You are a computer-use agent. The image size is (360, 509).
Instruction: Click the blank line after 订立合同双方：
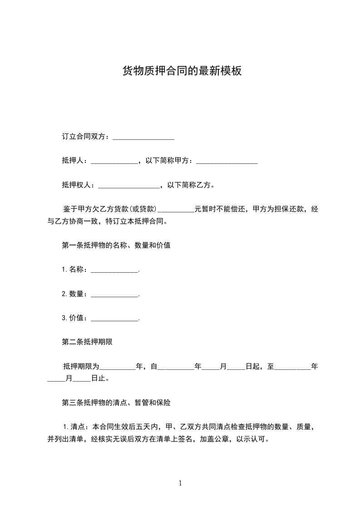point(143,137)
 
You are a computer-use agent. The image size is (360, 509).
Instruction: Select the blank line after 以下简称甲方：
point(227,161)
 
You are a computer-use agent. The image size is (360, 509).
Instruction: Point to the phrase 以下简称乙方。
point(191,185)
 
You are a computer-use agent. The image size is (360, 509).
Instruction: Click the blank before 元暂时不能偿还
point(176,210)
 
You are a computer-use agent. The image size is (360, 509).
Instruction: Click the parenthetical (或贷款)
point(143,210)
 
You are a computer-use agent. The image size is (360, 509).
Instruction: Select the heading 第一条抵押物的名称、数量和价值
point(116,245)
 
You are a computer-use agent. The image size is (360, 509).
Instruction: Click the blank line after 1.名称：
point(114,270)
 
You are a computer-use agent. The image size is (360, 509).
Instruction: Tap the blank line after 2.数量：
point(114,294)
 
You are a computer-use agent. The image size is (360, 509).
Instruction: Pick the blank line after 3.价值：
point(114,318)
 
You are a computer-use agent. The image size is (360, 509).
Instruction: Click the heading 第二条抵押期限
point(87,342)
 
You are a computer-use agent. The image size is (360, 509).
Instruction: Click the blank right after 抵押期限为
point(118,367)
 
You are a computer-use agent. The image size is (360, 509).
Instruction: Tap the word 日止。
point(100,378)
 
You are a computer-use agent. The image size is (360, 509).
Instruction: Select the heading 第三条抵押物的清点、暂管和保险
point(116,402)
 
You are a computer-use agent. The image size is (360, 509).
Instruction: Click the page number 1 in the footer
point(180,483)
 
